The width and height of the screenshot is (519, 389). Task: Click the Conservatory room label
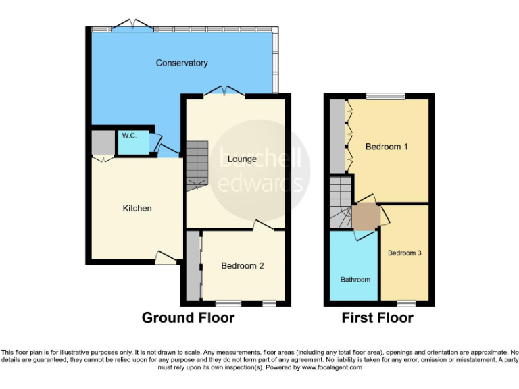click(182, 63)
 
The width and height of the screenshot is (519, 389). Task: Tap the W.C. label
click(129, 136)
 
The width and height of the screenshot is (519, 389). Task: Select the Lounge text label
click(242, 159)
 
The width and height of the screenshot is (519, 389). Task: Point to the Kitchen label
click(137, 208)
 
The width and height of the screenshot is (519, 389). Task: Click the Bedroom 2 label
click(243, 266)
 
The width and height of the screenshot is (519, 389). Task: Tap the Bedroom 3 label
click(405, 253)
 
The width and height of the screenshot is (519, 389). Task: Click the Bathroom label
click(355, 280)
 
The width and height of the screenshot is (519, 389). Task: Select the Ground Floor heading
click(188, 317)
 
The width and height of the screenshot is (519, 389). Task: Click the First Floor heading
click(378, 317)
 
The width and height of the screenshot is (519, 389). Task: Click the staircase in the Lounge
click(197, 166)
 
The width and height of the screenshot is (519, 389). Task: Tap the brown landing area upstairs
click(365, 217)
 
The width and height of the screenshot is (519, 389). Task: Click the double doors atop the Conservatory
click(132, 26)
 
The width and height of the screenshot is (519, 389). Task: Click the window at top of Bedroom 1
click(386, 96)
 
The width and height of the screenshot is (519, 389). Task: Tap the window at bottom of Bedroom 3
click(405, 302)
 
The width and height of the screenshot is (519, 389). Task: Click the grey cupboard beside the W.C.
click(103, 142)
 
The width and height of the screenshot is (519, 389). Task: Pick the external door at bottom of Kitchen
click(166, 258)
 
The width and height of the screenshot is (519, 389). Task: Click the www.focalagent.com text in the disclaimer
click(332, 368)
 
